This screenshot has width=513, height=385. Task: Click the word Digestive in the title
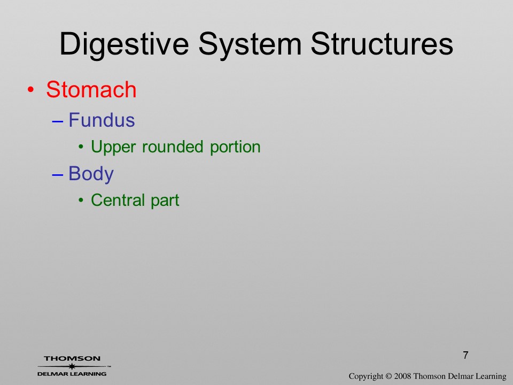[125, 45]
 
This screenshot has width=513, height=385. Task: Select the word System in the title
[250, 45]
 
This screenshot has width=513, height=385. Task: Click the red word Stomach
[91, 89]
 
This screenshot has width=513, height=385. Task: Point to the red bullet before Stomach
[31, 90]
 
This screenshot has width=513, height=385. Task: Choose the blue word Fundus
[102, 120]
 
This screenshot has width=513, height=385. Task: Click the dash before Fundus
[57, 121]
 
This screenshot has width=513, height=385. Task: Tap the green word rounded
[173, 147]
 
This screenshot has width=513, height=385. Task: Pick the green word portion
[235, 147]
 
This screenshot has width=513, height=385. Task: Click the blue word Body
[91, 173]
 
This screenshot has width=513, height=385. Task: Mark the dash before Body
[57, 174]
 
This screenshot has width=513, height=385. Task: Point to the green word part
[165, 201]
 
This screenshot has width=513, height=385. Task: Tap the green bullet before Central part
[81, 200]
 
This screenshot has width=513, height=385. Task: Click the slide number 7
[465, 355]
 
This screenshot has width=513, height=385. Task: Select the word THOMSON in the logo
[72, 358]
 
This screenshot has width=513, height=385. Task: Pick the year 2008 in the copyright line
[402, 376]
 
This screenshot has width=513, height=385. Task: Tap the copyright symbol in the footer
[388, 376]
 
